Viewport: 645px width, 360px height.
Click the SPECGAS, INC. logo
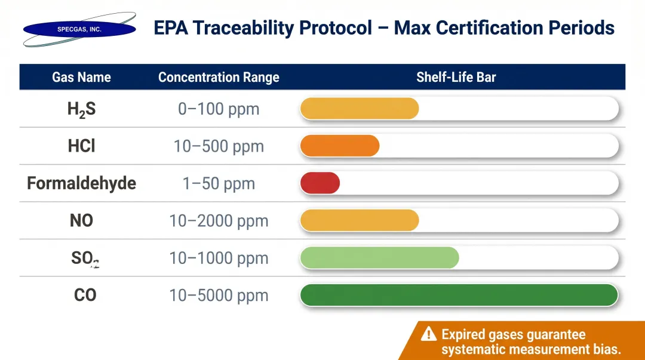pyautogui.click(x=79, y=29)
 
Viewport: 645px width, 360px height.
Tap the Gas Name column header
pyautogui.click(x=81, y=77)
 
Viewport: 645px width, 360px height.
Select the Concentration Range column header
pyautogui.click(x=219, y=77)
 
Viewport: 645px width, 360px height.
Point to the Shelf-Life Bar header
pyautogui.click(x=456, y=77)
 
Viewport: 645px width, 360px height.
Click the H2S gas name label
pyautogui.click(x=81, y=110)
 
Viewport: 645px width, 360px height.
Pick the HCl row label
pyautogui.click(x=81, y=146)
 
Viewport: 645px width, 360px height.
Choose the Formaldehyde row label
pyautogui.click(x=81, y=183)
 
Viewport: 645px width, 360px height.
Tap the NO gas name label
pyautogui.click(x=81, y=221)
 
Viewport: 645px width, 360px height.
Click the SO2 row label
pyautogui.click(x=84, y=259)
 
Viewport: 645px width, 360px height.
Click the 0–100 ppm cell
pyautogui.click(x=219, y=109)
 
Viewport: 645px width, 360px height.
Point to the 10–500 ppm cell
pyautogui.click(x=219, y=146)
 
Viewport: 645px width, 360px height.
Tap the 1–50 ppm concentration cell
pyautogui.click(x=219, y=184)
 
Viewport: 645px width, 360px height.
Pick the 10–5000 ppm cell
pyautogui.click(x=219, y=296)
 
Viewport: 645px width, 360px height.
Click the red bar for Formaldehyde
pyautogui.click(x=320, y=183)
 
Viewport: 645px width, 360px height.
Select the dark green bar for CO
pyautogui.click(x=458, y=296)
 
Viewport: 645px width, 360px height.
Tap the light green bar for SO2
pyautogui.click(x=379, y=258)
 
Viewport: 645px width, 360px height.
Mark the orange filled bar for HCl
pyautogui.click(x=339, y=146)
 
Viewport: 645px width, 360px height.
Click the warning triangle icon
pyautogui.click(x=428, y=334)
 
